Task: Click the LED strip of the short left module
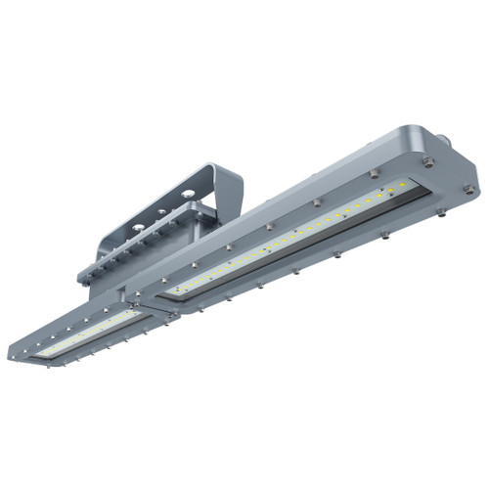pos(93,330)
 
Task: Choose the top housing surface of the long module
pos(323,186)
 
